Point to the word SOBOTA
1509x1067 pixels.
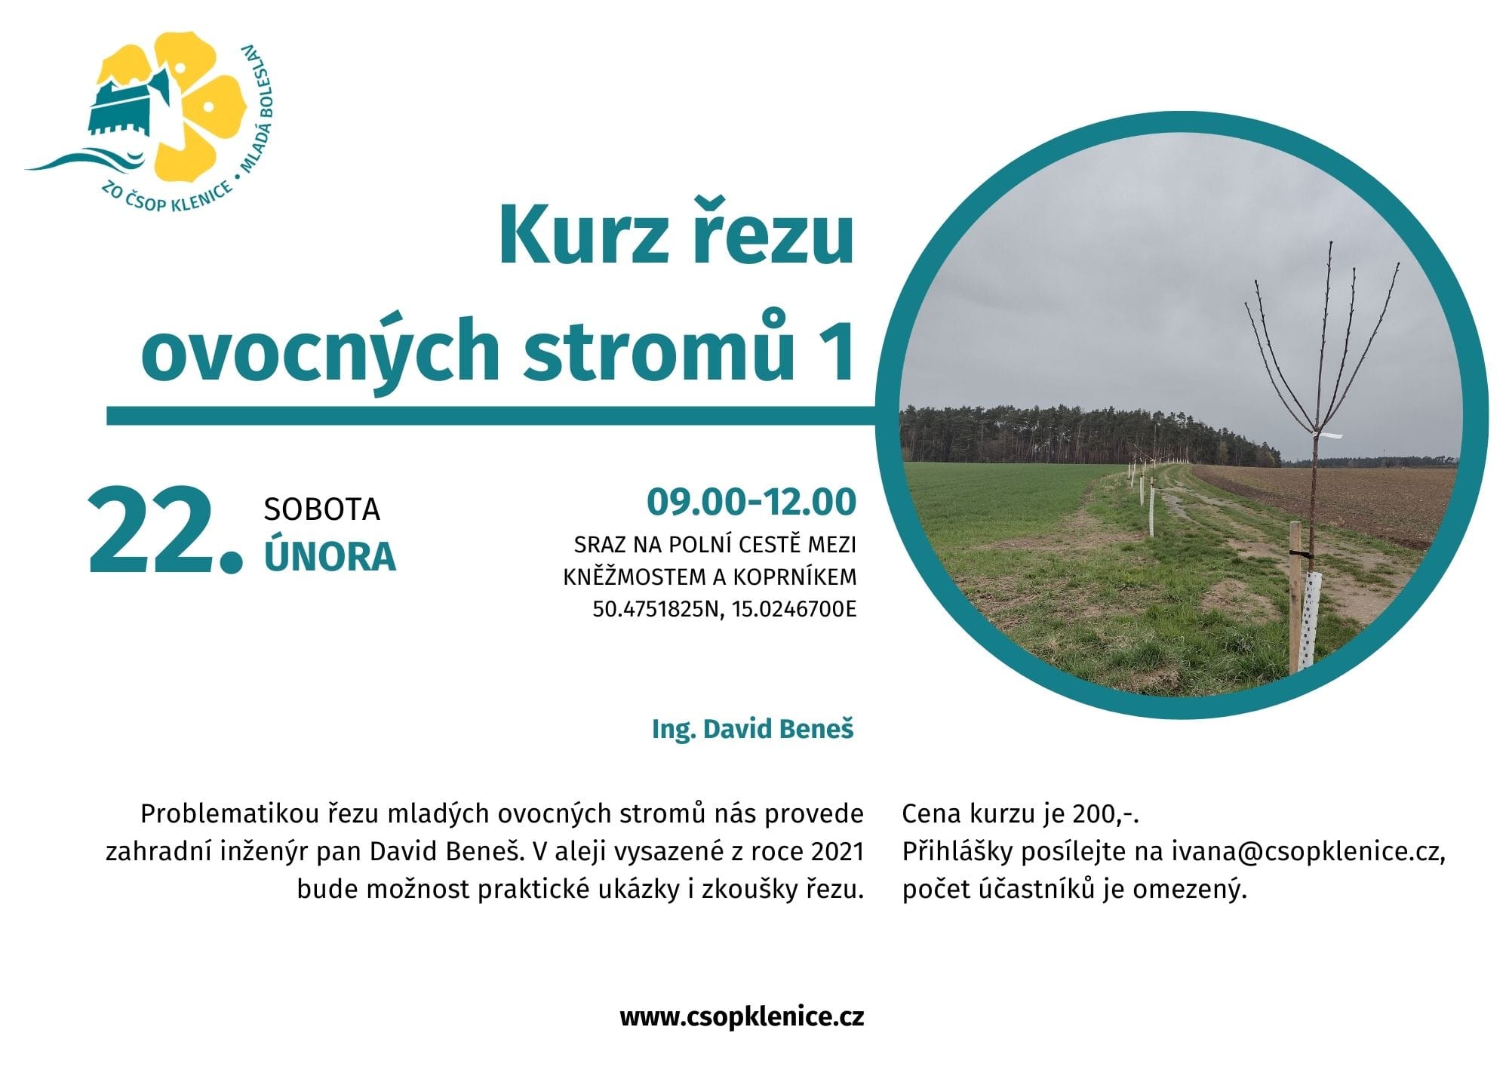point(321,510)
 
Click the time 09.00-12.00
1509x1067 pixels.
point(751,502)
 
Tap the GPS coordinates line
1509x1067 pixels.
point(724,609)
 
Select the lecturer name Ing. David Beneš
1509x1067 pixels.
point(753,729)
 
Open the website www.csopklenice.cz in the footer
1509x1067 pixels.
point(742,1017)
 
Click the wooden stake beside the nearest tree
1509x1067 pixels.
point(1295,596)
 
